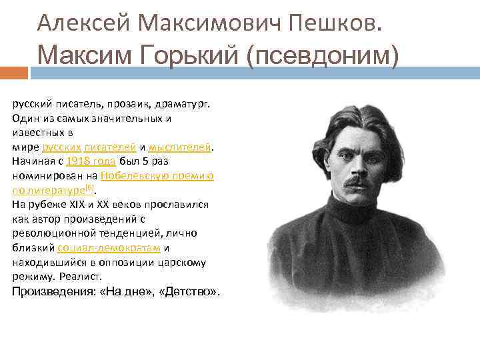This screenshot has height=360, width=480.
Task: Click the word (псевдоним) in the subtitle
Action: point(322,55)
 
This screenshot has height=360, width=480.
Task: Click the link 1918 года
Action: point(92,161)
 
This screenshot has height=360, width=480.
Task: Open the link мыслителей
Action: point(179,147)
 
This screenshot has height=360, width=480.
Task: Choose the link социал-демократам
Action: point(109,247)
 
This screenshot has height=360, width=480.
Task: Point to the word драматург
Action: point(185,103)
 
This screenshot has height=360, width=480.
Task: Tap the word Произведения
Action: point(54,292)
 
